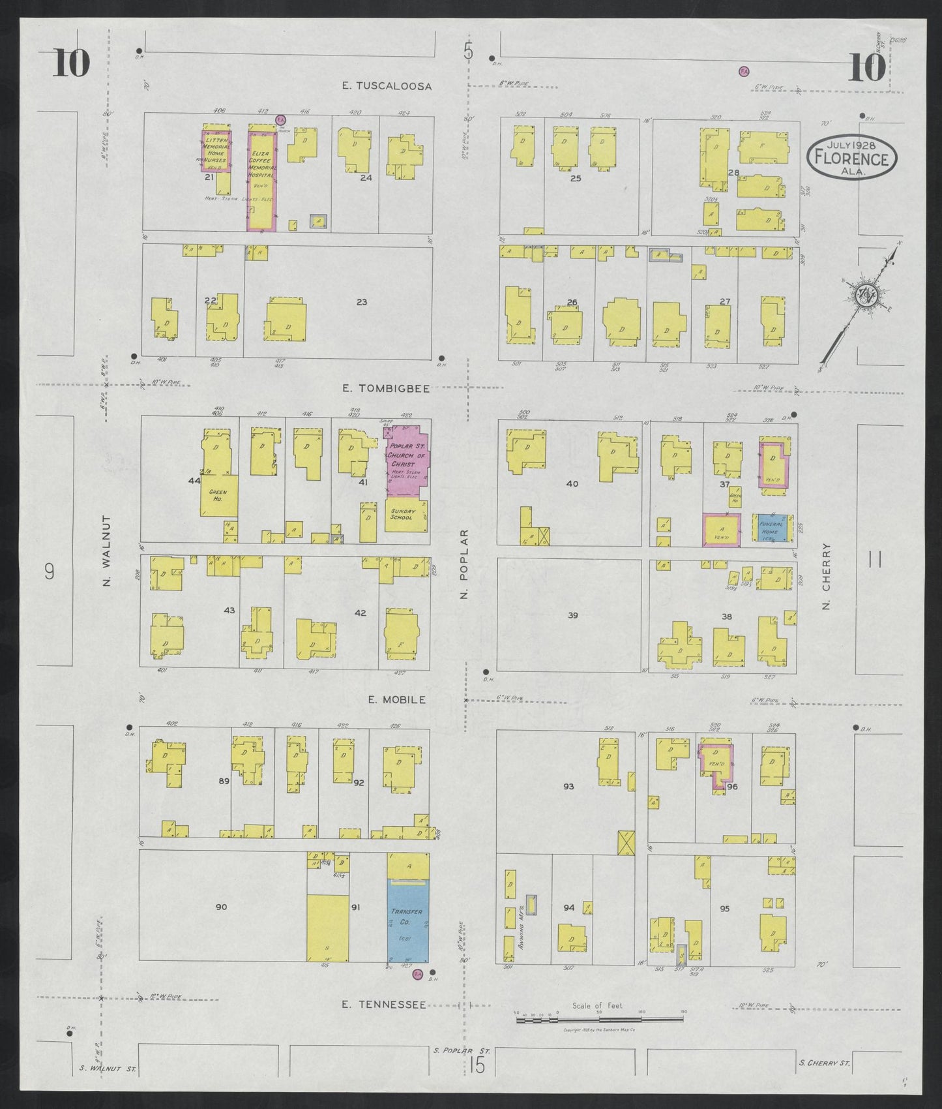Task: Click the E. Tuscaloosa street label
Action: pyautogui.click(x=388, y=86)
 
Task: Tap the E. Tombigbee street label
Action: pyautogui.click(x=387, y=388)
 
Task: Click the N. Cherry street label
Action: pyautogui.click(x=827, y=577)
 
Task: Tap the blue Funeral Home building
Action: pyautogui.click(x=774, y=529)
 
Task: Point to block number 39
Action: pyautogui.click(x=572, y=615)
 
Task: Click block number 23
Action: pyautogui.click(x=362, y=301)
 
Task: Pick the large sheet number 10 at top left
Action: pyautogui.click(x=71, y=64)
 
